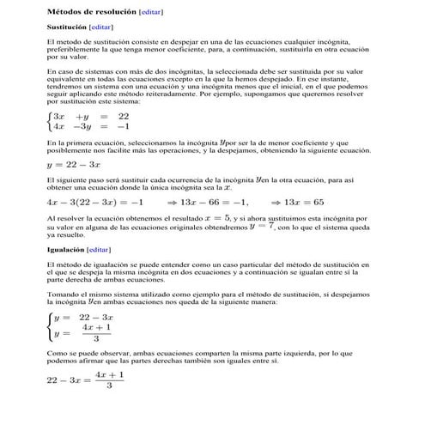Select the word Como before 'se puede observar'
click(56, 352)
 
